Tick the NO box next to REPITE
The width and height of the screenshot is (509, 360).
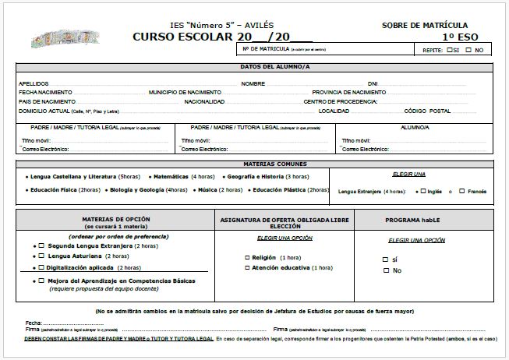(468, 50)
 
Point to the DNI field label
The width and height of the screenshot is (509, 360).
(373, 83)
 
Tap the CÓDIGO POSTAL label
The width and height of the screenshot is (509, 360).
(428, 111)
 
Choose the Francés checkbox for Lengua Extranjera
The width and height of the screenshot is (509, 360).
(461, 191)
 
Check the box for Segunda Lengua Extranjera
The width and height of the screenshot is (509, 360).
(42, 245)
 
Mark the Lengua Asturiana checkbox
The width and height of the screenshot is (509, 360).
(42, 256)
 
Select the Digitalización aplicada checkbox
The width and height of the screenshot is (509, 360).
(42, 266)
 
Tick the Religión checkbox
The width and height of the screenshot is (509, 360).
(247, 257)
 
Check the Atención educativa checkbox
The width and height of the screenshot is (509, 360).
(247, 267)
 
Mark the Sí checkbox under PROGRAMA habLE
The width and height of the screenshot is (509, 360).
(385, 259)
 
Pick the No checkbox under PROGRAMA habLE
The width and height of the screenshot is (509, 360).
(385, 270)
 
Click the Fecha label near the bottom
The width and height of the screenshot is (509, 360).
(33, 323)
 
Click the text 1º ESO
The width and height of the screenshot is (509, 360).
(459, 37)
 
